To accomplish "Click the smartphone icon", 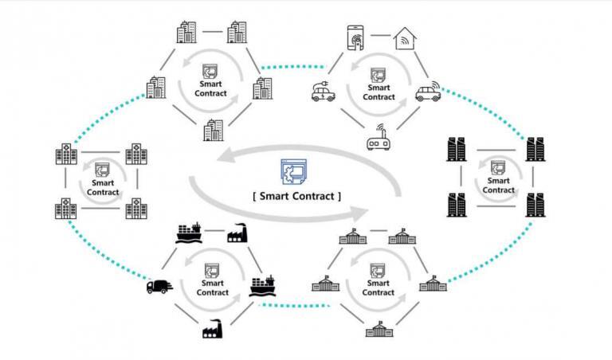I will click(x=355, y=38).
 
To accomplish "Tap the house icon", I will click(x=406, y=38).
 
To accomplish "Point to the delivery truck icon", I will click(x=158, y=287).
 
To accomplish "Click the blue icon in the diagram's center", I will click(x=293, y=173).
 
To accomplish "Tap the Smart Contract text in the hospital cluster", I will click(x=103, y=187).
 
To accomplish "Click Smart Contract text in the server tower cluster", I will click(x=499, y=186).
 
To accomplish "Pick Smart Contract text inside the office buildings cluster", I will click(x=210, y=88).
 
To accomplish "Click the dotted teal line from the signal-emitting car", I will click(x=486, y=112).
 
